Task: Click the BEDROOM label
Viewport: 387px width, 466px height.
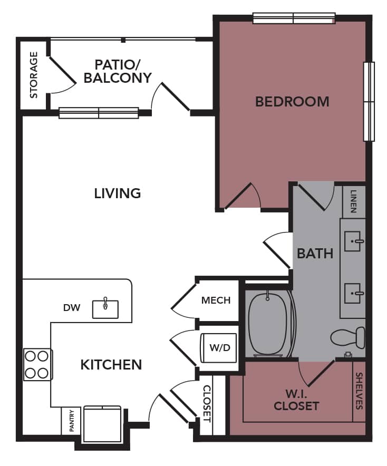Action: pos(292,101)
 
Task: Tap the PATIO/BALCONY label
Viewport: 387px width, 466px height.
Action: pos(117,71)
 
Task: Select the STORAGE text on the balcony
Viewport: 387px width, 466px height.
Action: pos(34,75)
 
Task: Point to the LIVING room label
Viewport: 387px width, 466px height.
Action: pos(118,193)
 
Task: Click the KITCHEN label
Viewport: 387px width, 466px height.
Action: pos(111,364)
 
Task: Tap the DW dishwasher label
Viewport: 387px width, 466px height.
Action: pos(72,307)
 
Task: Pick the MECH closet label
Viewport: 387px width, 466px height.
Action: pos(216,300)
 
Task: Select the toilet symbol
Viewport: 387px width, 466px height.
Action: pos(350,337)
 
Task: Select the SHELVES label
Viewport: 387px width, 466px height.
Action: pos(359,391)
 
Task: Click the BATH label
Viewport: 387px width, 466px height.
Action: pos(315,254)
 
